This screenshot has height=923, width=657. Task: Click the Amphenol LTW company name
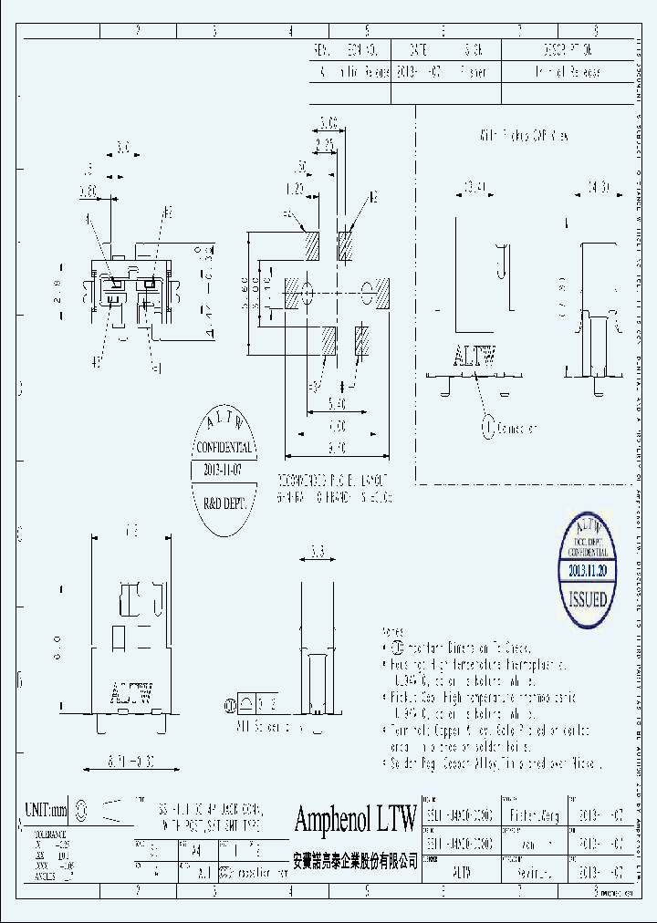point(355,818)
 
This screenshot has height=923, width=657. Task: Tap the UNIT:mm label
point(47,809)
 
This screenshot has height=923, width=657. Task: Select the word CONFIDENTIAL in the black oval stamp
point(224,448)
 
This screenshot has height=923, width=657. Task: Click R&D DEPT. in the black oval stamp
point(224,501)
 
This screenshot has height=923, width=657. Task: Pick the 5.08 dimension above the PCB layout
point(328,121)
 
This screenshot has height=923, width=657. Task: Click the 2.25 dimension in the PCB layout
point(323,144)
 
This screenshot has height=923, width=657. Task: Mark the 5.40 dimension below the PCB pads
point(337,401)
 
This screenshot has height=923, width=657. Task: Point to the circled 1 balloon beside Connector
point(487,426)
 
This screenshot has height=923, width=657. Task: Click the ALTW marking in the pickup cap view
point(474,357)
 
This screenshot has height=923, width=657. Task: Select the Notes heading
point(392,631)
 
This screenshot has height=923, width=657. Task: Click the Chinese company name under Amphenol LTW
point(355,860)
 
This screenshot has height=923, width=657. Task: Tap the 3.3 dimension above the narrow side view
point(318,551)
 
